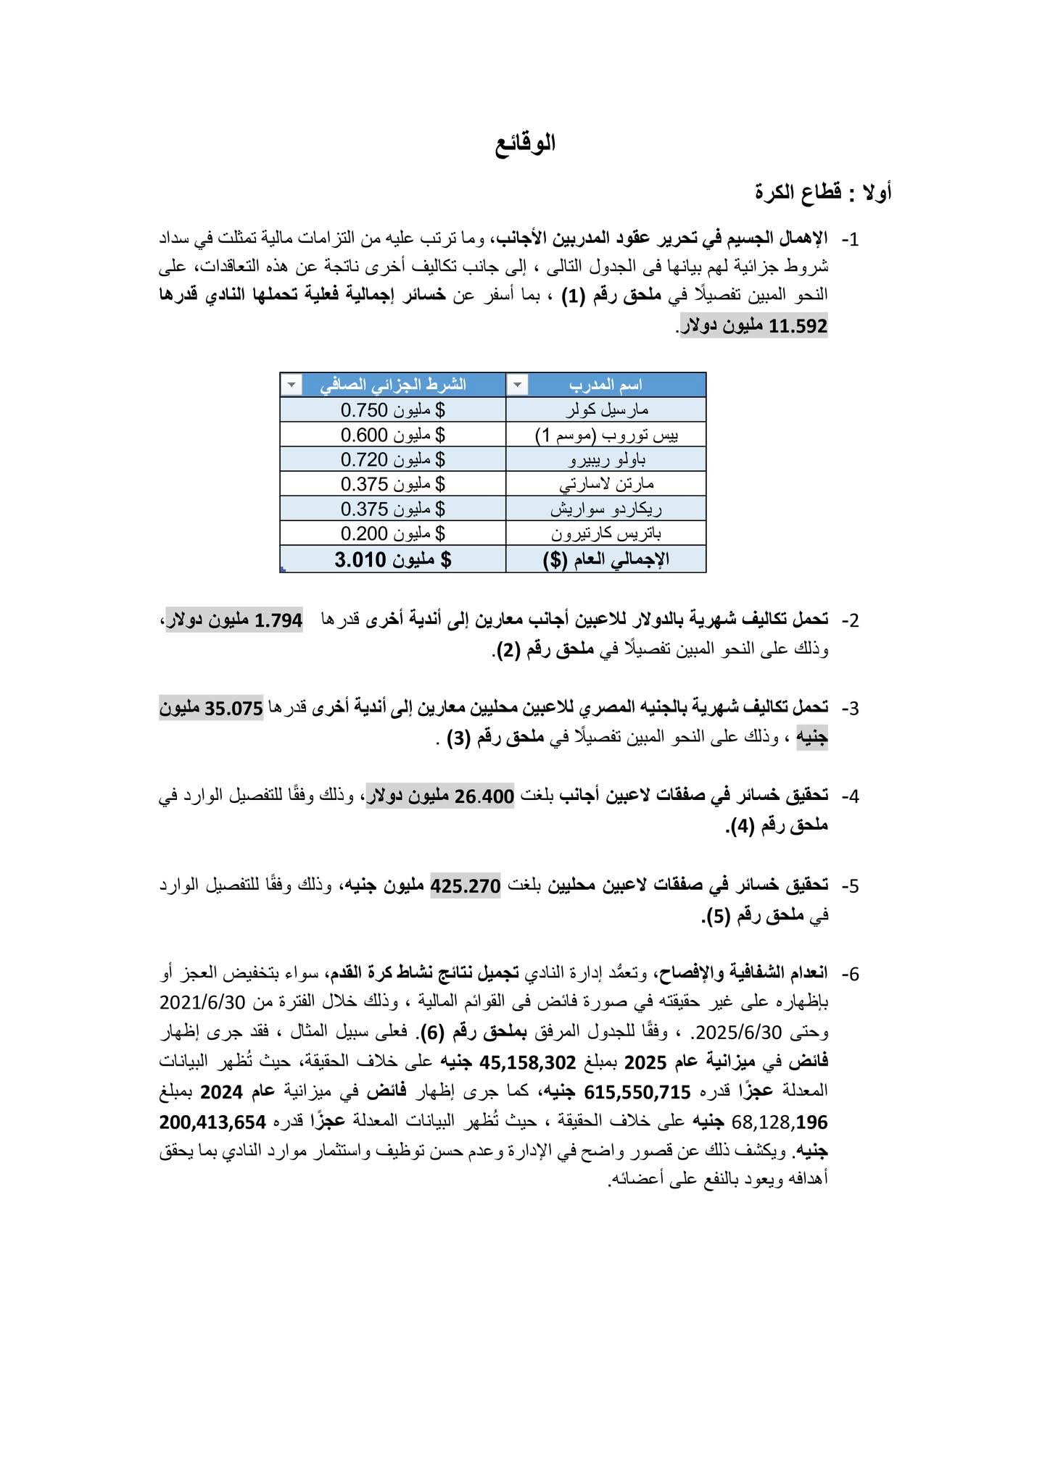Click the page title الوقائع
coord(526,143)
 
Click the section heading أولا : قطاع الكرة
coord(824,193)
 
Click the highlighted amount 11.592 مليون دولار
coord(754,326)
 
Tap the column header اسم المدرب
coord(616,385)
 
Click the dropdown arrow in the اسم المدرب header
coord(516,385)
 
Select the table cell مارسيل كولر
coord(606,410)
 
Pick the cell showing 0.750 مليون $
coord(392,410)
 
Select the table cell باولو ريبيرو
coord(606,459)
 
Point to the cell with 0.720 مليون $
coord(392,459)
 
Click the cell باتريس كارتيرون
coord(606,534)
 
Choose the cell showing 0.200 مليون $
coord(392,534)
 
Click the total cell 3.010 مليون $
coord(392,559)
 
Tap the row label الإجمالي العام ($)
coord(606,559)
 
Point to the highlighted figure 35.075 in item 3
coord(233,709)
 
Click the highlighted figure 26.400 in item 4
coord(485,796)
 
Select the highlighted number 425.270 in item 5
coord(466,885)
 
